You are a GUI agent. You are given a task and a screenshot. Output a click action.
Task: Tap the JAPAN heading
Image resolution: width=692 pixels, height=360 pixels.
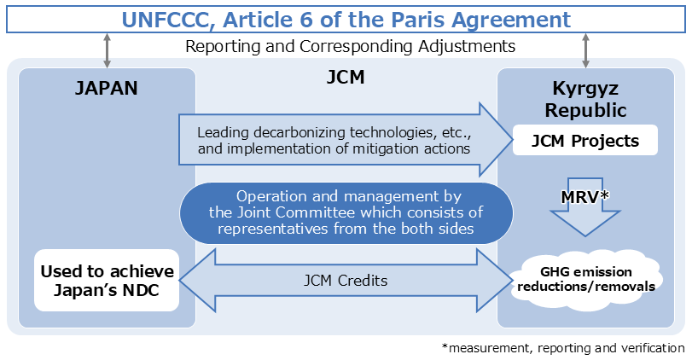pyautogui.click(x=107, y=88)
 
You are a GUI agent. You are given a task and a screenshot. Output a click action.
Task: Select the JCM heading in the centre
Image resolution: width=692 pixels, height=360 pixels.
pyautogui.click(x=346, y=78)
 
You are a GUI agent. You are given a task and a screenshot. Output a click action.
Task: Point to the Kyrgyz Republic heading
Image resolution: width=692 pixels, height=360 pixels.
pyautogui.click(x=585, y=100)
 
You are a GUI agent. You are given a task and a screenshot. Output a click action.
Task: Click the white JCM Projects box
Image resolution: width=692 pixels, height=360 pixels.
pyautogui.click(x=585, y=141)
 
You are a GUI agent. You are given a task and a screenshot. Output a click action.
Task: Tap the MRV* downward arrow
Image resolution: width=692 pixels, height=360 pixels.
pyautogui.click(x=585, y=206)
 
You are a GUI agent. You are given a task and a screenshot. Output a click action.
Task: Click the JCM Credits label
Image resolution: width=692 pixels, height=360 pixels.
pyautogui.click(x=346, y=280)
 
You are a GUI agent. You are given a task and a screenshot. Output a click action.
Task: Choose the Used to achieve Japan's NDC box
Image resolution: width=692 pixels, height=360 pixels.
pyautogui.click(x=107, y=280)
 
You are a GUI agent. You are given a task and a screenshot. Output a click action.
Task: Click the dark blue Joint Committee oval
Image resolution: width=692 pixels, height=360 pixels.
pyautogui.click(x=346, y=212)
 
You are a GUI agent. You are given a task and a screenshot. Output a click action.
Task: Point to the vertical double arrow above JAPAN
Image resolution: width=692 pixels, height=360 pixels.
pyautogui.click(x=107, y=50)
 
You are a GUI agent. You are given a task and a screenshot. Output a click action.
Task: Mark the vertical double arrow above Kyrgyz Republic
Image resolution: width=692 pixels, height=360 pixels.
pyautogui.click(x=585, y=50)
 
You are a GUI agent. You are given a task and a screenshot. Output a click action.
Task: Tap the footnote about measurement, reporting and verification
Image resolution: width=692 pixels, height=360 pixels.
pyautogui.click(x=563, y=348)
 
